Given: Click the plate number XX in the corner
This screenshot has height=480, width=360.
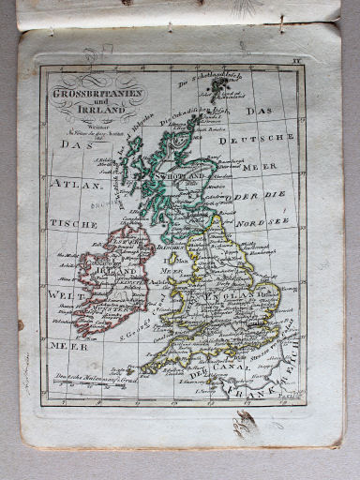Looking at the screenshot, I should pyautogui.click(x=297, y=60).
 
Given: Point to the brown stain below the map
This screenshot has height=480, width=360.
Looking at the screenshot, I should pyautogui.click(x=245, y=427).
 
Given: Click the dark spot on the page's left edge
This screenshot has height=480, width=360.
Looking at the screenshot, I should pyautogui.click(x=21, y=324).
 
